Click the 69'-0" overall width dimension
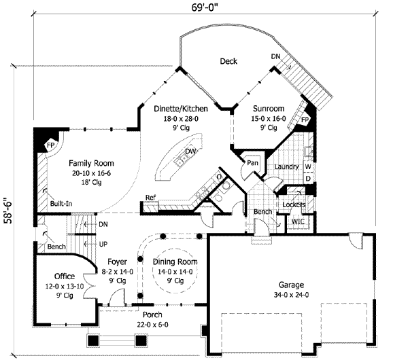click(204, 7)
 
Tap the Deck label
click(228, 61)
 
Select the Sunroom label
click(269, 109)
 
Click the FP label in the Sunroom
click(305, 120)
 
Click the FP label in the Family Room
click(50, 145)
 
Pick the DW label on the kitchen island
click(190, 151)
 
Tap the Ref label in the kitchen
click(150, 198)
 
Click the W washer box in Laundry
click(308, 167)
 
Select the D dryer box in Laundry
click(308, 179)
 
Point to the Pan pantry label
click(252, 163)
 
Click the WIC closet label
click(298, 221)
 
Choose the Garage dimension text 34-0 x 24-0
click(291, 295)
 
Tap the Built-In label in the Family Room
click(61, 204)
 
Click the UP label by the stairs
click(103, 244)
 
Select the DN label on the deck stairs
click(276, 56)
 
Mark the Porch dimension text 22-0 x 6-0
click(152, 325)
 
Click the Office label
click(65, 276)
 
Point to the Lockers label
click(294, 205)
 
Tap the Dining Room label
click(175, 262)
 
